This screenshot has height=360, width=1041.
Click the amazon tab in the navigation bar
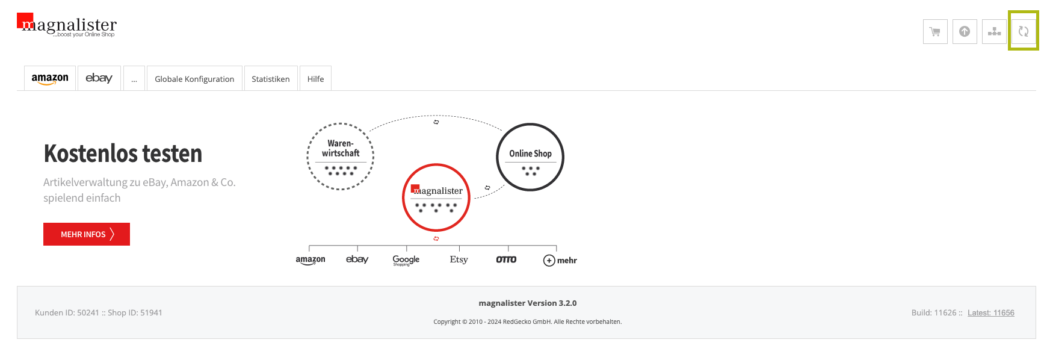click(x=50, y=78)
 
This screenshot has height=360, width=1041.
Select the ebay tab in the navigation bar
click(x=99, y=78)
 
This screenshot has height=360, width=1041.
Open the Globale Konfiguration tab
click(x=194, y=78)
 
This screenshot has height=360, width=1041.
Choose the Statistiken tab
click(x=271, y=78)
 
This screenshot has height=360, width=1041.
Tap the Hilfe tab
click(x=315, y=78)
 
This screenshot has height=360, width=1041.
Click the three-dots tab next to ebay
click(x=134, y=78)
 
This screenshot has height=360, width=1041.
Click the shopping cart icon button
click(x=935, y=31)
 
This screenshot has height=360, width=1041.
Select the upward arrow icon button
click(x=965, y=31)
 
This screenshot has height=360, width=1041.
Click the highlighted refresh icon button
click(x=1024, y=31)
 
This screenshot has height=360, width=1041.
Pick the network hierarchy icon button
click(x=994, y=31)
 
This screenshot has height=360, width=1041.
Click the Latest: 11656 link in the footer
click(x=991, y=313)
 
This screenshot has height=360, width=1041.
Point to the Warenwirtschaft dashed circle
click(x=341, y=125)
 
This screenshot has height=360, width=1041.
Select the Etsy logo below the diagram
click(x=459, y=259)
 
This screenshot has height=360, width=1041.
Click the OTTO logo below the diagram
click(x=506, y=259)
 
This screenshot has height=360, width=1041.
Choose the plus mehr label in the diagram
click(x=560, y=261)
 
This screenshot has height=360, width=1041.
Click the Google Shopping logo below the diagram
click(x=406, y=260)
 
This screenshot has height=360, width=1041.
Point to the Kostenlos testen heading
click(x=123, y=154)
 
